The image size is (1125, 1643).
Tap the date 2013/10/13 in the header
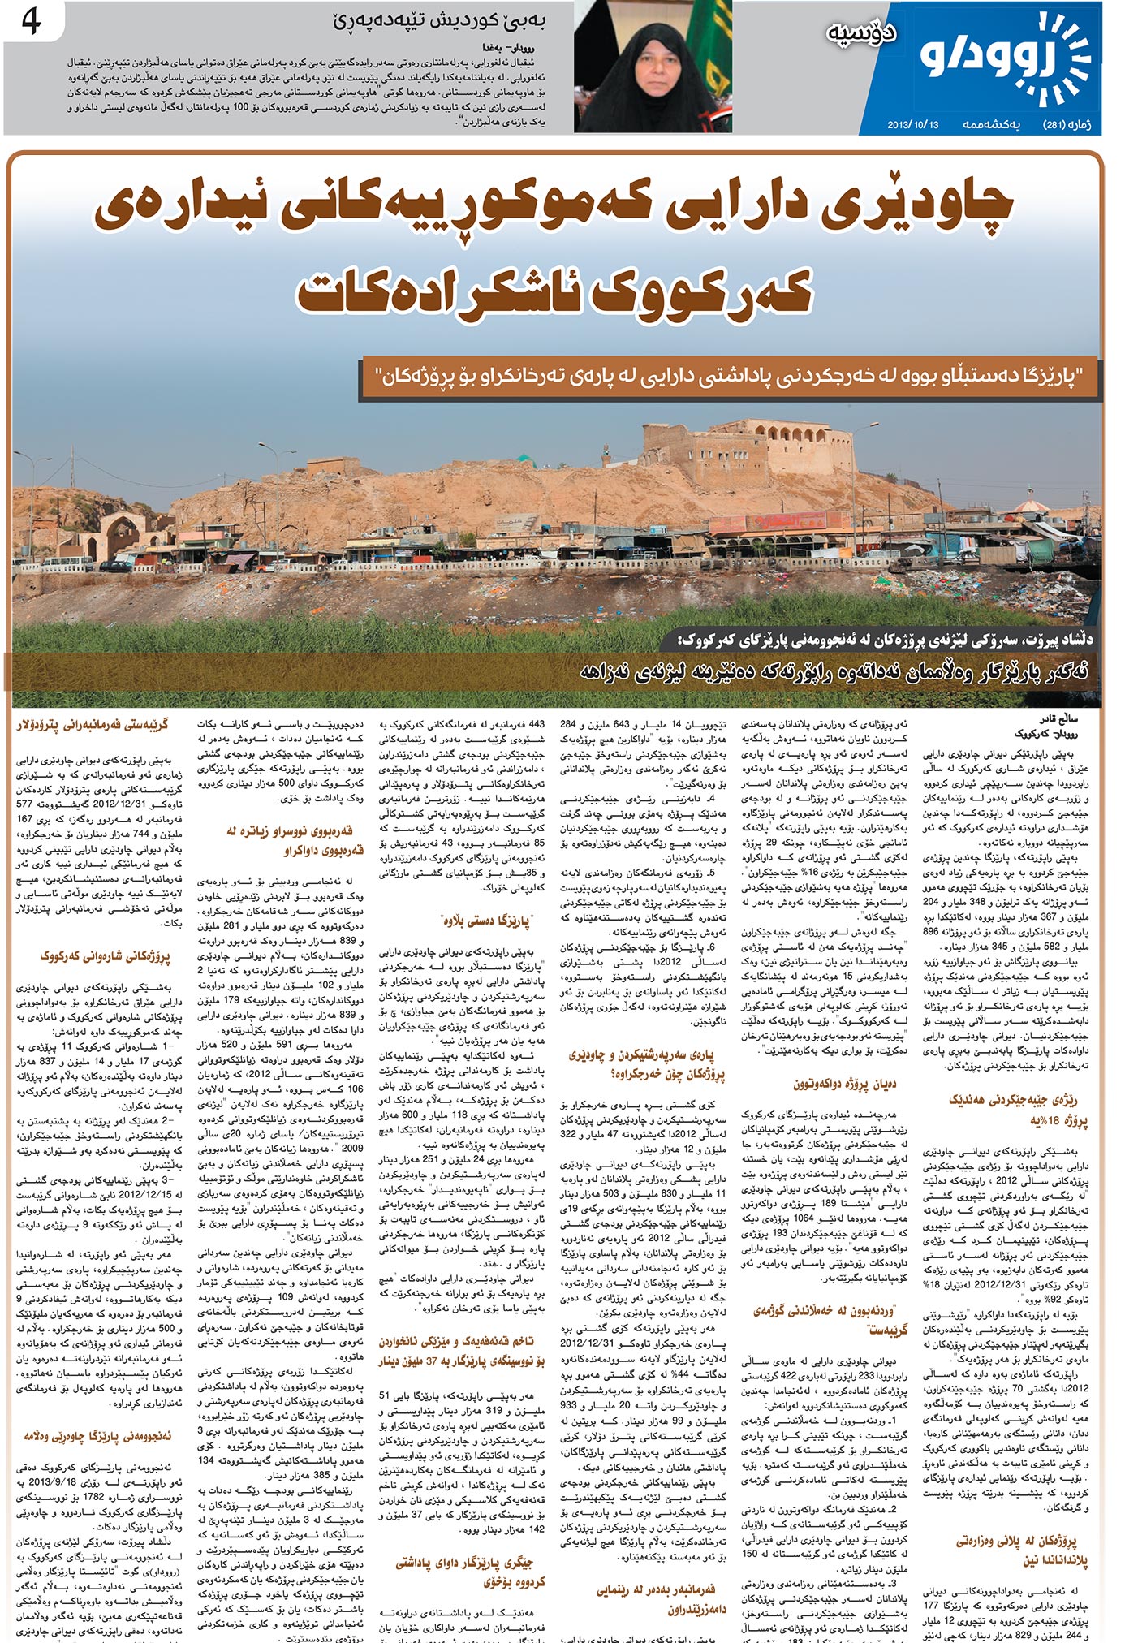[912, 125]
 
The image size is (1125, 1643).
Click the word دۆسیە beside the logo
[861, 32]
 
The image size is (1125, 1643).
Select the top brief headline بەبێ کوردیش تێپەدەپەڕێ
[438, 22]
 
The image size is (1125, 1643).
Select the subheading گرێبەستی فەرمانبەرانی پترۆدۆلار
[93, 724]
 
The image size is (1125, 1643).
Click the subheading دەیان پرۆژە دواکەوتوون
[844, 1084]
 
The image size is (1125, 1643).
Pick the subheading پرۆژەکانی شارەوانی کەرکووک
[106, 956]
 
